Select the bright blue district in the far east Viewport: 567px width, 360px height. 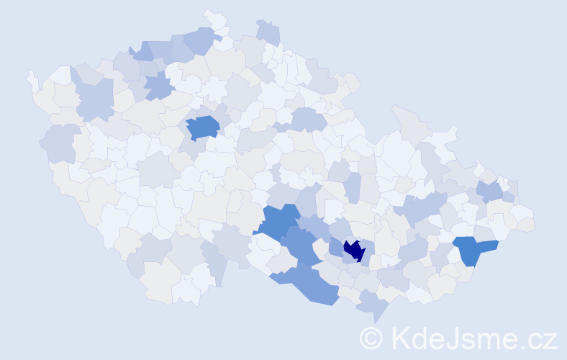point(473,248)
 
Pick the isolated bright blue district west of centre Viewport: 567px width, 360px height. point(202,127)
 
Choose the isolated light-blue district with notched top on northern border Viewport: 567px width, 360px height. point(268,32)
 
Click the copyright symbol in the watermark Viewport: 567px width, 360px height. point(371,338)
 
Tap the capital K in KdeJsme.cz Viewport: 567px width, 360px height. point(399,338)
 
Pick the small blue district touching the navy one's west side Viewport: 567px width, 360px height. point(335,247)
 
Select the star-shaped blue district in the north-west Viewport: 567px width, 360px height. point(159,87)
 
